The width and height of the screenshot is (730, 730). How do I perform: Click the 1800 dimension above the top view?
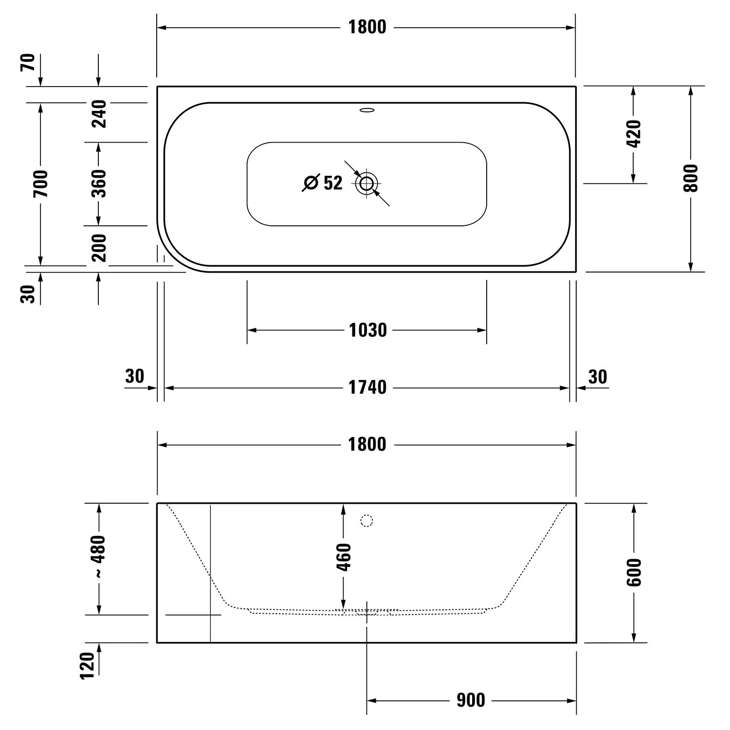(367, 27)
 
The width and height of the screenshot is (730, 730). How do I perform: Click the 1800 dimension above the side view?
(367, 444)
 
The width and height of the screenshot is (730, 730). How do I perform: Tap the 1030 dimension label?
(368, 330)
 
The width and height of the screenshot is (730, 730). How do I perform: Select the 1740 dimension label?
(368, 387)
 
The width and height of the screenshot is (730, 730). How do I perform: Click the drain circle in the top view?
(367, 183)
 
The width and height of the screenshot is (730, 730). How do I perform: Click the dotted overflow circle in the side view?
(366, 521)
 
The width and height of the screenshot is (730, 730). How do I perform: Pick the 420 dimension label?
(634, 133)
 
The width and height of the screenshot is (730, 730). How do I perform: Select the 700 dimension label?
(41, 183)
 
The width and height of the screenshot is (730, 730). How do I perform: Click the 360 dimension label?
(99, 183)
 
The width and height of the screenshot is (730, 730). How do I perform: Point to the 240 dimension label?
(99, 113)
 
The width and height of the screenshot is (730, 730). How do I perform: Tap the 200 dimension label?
(99, 247)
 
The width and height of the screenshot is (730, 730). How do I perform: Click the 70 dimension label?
(28, 62)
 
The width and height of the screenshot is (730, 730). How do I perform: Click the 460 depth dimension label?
(344, 557)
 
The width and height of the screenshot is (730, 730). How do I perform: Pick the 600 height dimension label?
(634, 572)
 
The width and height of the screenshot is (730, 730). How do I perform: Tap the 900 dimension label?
(471, 701)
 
